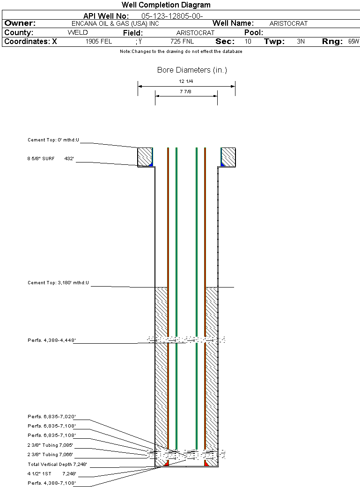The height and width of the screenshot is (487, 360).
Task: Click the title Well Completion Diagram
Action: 166,5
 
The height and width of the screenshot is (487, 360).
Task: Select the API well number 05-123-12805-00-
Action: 172,16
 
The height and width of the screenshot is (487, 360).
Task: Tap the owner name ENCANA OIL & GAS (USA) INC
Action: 115,23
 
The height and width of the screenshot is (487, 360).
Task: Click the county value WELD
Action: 78,32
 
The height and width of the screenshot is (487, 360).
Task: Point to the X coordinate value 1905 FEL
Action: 99,41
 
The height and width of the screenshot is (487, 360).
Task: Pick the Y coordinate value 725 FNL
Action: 182,41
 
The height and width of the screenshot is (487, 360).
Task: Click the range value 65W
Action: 353,41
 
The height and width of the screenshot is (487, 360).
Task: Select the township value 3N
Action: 301,41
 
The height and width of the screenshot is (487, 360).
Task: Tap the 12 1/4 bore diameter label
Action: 186,81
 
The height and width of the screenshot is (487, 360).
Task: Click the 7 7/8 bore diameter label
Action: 185,92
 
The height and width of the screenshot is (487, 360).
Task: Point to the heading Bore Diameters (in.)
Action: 192,70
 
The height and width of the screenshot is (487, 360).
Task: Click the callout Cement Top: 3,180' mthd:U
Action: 58,283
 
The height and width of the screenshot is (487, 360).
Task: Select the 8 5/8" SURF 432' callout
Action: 50,158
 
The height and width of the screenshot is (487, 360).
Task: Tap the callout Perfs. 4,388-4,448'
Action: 51,340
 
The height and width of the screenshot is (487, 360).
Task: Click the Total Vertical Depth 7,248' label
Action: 57,465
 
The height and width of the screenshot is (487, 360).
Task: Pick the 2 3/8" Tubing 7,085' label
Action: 50,445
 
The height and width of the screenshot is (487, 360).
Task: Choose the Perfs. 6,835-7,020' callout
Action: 51,416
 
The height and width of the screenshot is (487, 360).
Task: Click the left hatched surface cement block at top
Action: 145,157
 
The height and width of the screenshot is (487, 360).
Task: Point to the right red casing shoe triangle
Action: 206,464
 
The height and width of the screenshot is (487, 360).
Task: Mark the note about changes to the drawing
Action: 181,52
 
